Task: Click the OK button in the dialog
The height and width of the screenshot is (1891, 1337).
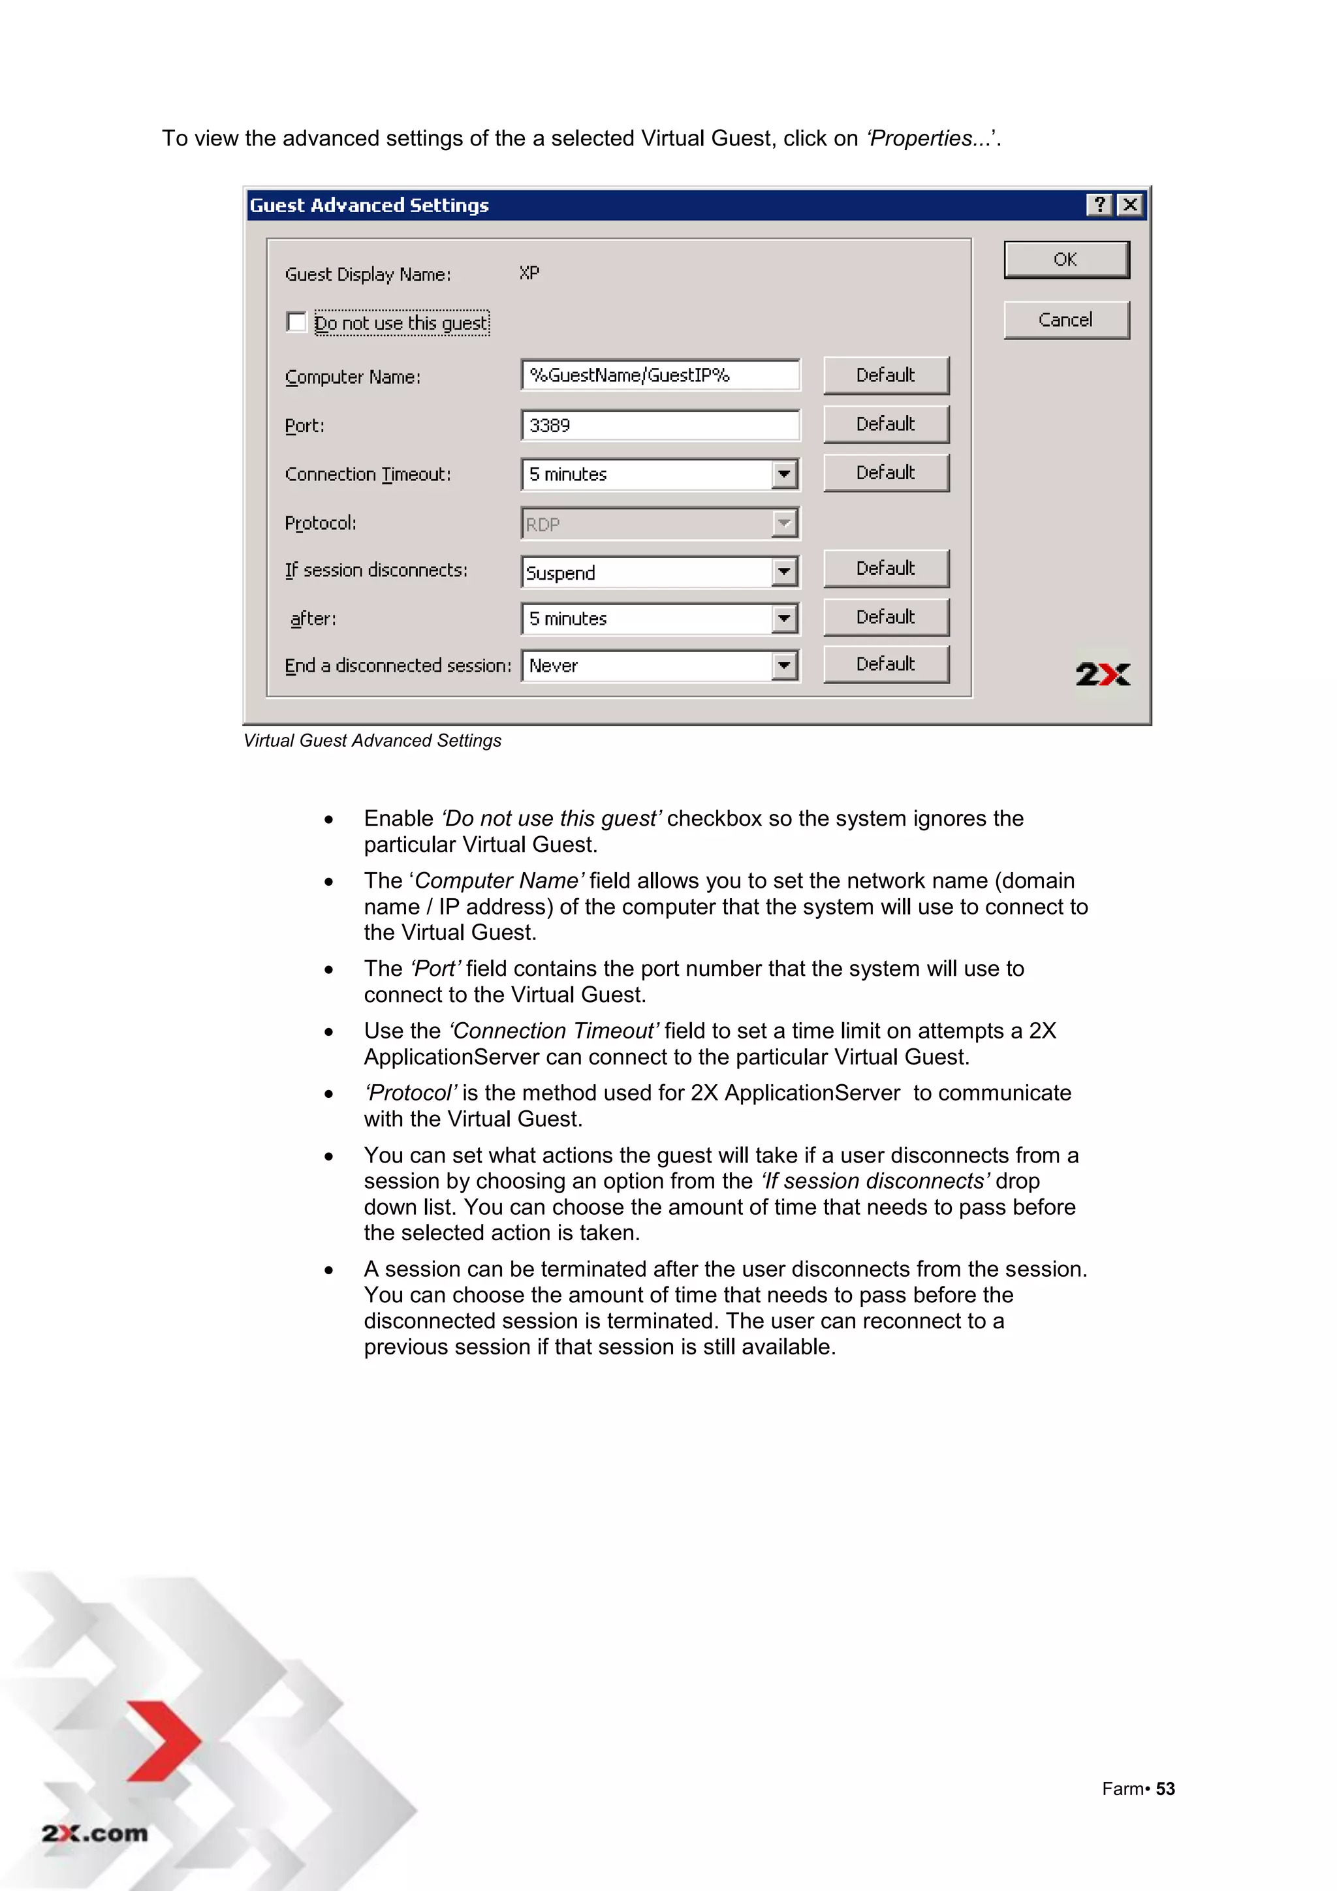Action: (1065, 259)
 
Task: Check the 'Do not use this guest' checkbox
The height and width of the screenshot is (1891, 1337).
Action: (296, 322)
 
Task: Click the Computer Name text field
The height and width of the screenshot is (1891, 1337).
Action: (660, 375)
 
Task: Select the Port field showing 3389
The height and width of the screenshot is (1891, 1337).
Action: (660, 425)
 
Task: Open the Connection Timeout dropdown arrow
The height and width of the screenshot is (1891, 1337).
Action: (784, 475)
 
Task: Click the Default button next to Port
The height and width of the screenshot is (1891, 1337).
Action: (886, 424)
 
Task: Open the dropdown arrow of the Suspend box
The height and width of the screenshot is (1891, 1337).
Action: (784, 572)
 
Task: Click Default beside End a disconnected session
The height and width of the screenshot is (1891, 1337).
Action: (886, 664)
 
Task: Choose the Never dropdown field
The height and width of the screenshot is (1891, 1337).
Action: (648, 666)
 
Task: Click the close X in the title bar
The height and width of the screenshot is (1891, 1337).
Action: (1130, 205)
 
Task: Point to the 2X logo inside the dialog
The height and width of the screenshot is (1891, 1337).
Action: (1102, 674)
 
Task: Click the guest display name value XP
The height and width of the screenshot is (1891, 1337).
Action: (529, 273)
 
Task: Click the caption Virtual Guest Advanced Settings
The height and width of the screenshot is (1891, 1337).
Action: (372, 740)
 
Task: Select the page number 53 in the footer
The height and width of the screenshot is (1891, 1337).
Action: (1165, 1789)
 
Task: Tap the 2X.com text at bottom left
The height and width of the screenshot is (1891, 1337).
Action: (95, 1834)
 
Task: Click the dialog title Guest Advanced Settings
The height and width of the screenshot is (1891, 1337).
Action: (369, 205)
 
